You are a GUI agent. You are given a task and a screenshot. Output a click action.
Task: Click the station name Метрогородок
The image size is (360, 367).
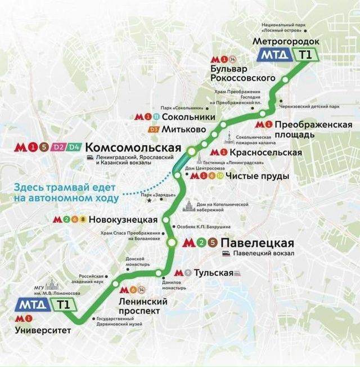286,42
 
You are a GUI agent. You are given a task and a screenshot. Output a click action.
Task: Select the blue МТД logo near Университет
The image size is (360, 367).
33,305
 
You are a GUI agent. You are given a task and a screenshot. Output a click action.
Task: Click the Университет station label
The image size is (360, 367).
43,330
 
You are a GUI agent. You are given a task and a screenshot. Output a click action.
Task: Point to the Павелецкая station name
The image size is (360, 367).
258,243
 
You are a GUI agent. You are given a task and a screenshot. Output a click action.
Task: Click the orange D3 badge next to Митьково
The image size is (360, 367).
154,129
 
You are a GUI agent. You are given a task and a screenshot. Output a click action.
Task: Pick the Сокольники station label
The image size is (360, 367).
188,117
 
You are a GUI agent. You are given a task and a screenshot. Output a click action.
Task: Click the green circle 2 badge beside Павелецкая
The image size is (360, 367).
201,243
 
